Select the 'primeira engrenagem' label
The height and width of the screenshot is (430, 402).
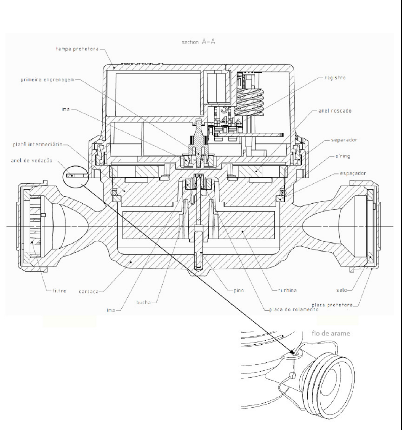[47, 80]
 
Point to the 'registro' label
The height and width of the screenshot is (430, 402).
[335, 78]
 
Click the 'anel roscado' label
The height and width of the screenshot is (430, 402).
[335, 111]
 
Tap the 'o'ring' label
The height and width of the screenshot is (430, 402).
[342, 156]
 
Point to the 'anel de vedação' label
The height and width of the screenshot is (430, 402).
[31, 161]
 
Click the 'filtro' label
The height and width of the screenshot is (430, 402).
[59, 290]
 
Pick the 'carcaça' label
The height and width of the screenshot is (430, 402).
[89, 291]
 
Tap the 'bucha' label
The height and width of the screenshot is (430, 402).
[144, 303]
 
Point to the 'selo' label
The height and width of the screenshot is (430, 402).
[341, 290]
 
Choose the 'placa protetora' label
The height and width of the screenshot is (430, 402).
[332, 305]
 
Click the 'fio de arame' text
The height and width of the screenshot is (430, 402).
[331, 333]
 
